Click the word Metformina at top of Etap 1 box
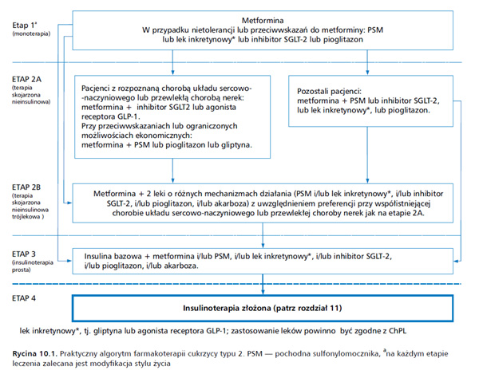pos(263,21)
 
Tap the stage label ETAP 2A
pos(26,79)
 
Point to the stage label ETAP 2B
pos(26,187)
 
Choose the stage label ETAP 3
pos(24,254)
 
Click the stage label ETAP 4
pos(24,298)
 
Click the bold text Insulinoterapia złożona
pos(227,308)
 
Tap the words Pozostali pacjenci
pos(329,91)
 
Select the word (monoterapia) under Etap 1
pos(31,33)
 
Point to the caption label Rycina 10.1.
pos(35,354)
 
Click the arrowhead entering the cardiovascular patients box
pos(172,73)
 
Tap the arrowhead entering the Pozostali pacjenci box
pos(367,73)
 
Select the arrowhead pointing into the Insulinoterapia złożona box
pos(263,292)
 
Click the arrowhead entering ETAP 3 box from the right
pos(457,261)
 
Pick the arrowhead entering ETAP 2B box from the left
pos(69,203)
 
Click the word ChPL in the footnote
pos(398,331)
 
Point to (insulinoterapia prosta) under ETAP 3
pos(33,266)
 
